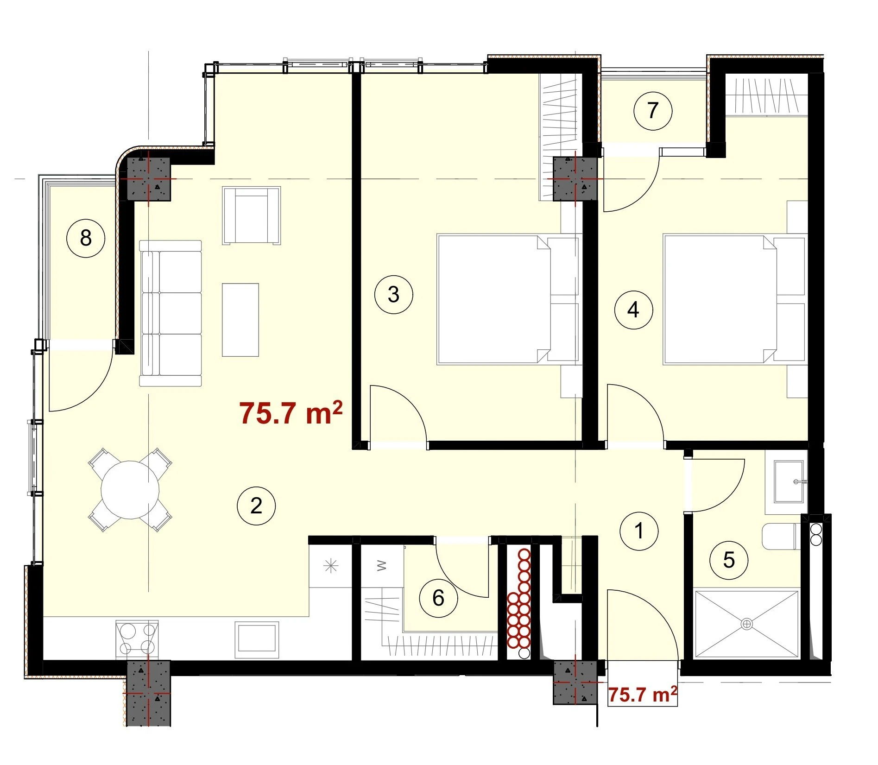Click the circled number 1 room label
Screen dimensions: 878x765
point(639,531)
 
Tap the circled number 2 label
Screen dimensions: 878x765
point(256,506)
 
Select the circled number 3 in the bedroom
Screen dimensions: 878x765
point(393,294)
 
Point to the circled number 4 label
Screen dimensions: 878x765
point(633,310)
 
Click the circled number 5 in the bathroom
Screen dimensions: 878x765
point(729,560)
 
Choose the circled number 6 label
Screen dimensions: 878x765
point(438,598)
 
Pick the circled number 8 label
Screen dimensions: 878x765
point(86,239)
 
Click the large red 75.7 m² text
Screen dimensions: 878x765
point(291,413)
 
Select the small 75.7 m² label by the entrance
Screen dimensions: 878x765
point(642,695)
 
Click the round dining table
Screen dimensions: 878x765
point(130,490)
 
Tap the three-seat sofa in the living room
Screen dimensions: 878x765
point(171,313)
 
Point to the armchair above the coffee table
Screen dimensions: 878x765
point(252,215)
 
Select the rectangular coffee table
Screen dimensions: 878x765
point(240,320)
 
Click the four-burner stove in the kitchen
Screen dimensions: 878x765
point(137,639)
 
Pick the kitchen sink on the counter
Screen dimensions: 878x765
point(257,640)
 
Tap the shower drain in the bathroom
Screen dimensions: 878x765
point(747,624)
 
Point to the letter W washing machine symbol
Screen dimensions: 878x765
point(381,565)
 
